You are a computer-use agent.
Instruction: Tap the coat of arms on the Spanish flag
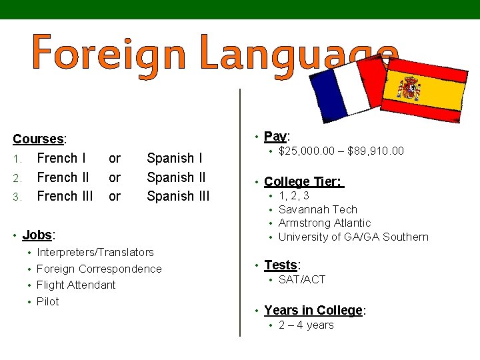point(409,88)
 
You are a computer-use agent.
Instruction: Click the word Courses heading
point(38,139)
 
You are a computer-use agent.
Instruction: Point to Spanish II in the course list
point(176,177)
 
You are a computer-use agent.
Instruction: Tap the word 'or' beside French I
point(115,159)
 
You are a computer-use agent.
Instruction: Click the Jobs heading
point(37,235)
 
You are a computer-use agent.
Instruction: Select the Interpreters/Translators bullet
point(95,252)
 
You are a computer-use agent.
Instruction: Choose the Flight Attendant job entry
point(76,285)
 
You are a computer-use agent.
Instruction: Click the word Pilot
point(48,301)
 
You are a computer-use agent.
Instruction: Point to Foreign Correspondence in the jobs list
point(99,269)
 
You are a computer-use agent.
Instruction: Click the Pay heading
point(275,136)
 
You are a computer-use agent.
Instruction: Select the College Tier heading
point(302,181)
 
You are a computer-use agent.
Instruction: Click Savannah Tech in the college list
point(318,209)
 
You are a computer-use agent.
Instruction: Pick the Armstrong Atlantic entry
point(325,223)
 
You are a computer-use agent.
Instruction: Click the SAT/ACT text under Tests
point(302,279)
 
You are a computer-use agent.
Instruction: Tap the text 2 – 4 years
point(306,325)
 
